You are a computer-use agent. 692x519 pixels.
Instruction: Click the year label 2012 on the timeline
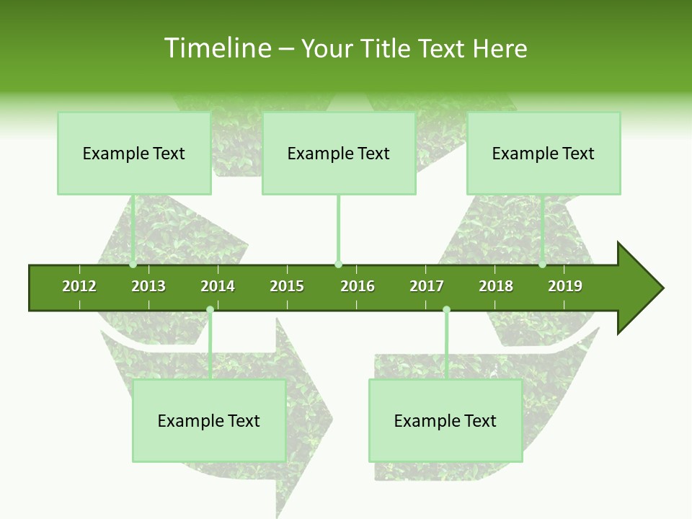(x=79, y=286)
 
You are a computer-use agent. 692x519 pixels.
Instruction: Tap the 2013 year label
(x=148, y=286)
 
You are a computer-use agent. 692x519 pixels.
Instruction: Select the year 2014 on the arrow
(x=218, y=286)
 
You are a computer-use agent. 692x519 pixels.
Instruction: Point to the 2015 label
(x=287, y=286)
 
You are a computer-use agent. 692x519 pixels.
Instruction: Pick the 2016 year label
(x=358, y=286)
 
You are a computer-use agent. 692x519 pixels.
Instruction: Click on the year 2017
(x=427, y=286)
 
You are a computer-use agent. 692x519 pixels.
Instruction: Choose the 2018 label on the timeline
(x=496, y=286)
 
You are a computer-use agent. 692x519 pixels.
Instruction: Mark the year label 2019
(x=565, y=286)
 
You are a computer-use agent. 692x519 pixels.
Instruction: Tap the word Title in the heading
(x=388, y=48)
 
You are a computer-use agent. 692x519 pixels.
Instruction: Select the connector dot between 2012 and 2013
(x=133, y=265)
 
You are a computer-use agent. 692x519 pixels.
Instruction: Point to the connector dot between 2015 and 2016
(x=338, y=265)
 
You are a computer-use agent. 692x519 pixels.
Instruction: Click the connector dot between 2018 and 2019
(x=542, y=265)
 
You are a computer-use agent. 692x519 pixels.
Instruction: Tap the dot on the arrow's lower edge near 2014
(x=210, y=310)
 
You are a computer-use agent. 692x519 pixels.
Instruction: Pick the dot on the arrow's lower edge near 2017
(x=446, y=310)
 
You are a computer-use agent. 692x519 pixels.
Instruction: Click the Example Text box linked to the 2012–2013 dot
(x=134, y=154)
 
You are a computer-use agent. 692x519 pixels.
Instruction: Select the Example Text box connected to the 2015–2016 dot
(x=339, y=154)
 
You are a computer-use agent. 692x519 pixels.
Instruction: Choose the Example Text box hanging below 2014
(x=209, y=421)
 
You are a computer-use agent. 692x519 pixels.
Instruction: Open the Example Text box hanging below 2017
(x=445, y=421)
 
